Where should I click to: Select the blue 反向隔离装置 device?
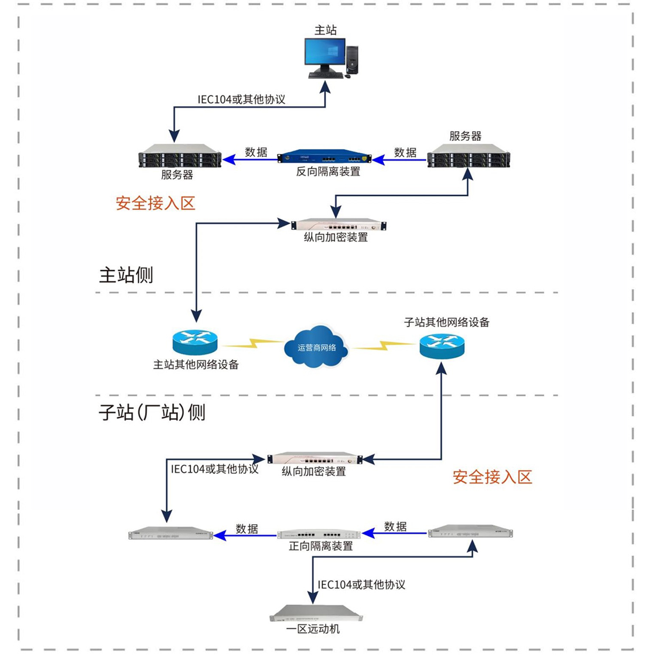tap(324, 157)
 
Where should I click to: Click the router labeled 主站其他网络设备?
tap(195, 342)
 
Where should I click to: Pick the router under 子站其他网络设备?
tap(442, 346)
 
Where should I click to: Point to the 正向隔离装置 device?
tap(319, 534)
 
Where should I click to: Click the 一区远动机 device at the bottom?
tap(316, 614)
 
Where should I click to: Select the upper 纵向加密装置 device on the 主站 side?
tap(338, 225)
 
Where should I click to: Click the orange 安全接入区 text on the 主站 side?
tap(155, 203)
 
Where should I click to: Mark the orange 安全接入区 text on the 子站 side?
tap(492, 477)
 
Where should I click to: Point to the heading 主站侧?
tap(126, 275)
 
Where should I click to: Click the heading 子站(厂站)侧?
tap(152, 413)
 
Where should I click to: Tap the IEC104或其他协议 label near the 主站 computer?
tap(241, 99)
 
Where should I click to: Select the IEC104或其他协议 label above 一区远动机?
tap(361, 584)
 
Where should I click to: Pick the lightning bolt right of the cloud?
tap(382, 346)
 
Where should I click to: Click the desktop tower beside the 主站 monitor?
tap(352, 60)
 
